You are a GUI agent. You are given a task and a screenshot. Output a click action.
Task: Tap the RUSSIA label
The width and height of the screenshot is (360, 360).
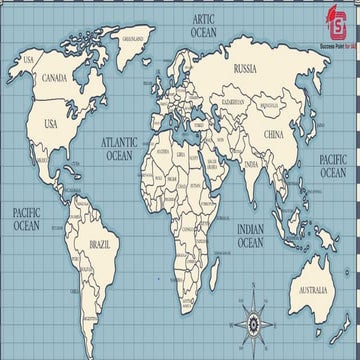tap(244, 70)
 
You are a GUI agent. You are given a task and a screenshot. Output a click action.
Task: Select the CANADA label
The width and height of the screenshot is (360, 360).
tap(54, 78)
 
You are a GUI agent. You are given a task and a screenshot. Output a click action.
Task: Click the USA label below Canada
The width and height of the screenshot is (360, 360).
tap(50, 124)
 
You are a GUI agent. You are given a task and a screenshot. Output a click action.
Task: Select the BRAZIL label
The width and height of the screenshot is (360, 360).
tap(100, 244)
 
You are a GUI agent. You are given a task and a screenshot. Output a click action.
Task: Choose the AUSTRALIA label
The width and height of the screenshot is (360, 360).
tap(309, 290)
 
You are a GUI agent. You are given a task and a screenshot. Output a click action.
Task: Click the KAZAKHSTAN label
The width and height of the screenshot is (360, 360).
tap(233, 102)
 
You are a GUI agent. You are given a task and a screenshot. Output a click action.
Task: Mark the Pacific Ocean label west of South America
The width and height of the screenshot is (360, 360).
tap(25, 219)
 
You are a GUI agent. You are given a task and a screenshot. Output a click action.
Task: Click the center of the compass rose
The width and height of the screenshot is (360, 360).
tap(252, 323)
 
